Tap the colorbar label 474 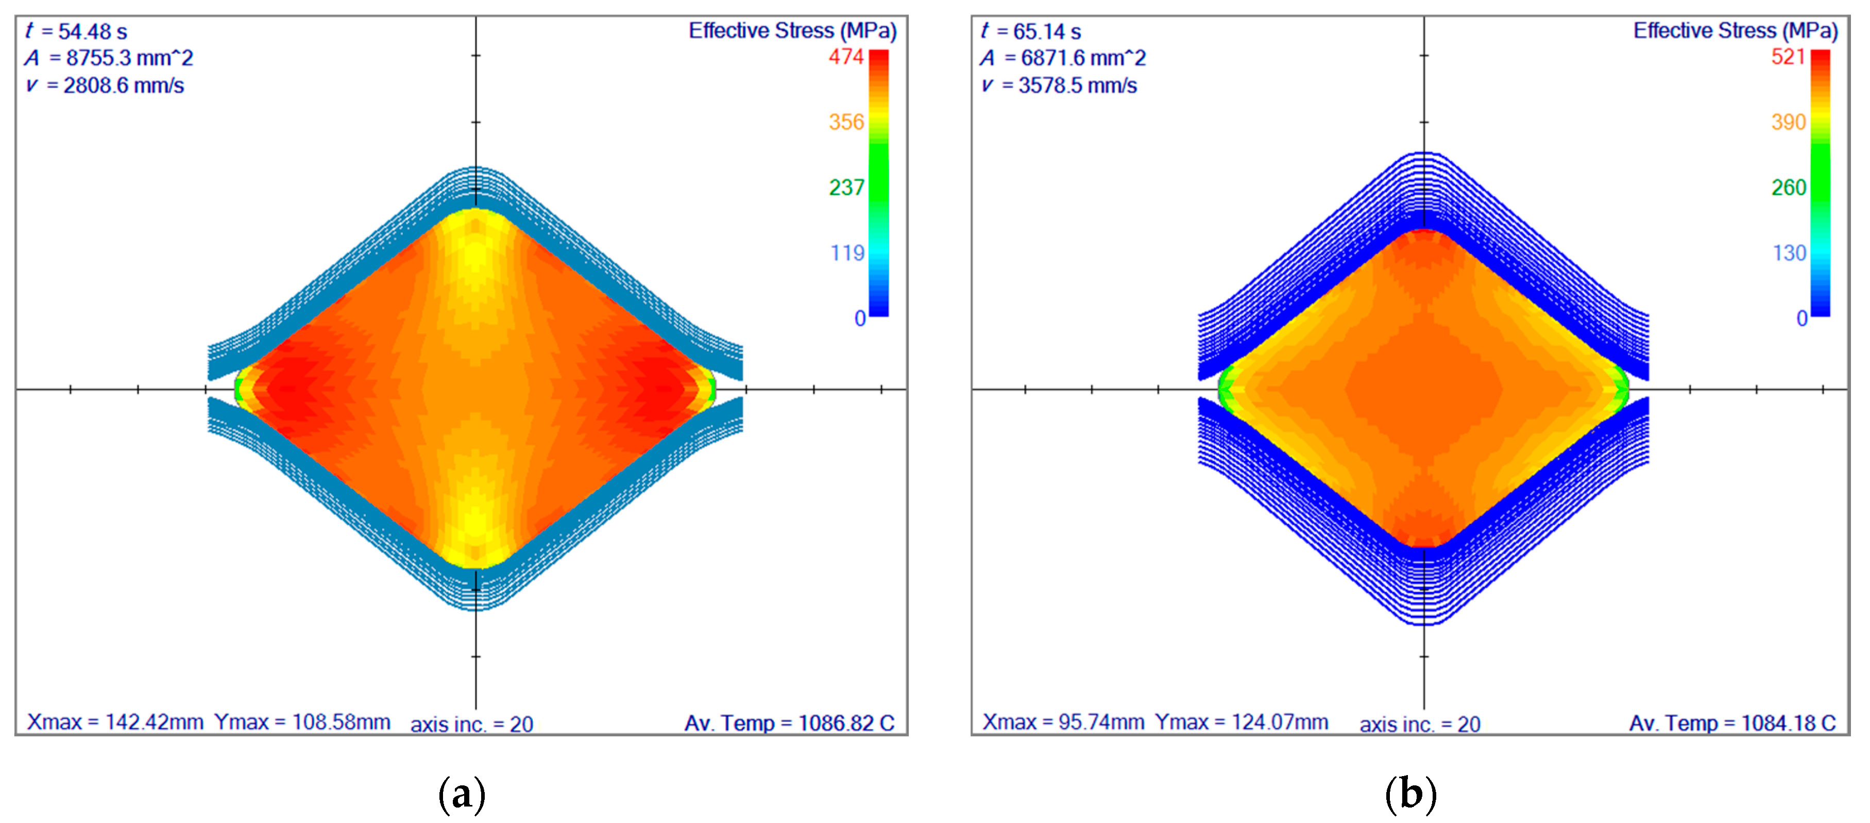(846, 57)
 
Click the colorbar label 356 (846, 122)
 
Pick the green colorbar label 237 (846, 188)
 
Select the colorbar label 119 (847, 253)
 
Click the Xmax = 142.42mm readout (115, 722)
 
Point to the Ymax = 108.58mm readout (302, 722)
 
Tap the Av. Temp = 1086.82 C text (789, 724)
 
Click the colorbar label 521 (1788, 57)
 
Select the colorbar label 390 (1788, 122)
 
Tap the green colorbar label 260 (1788, 188)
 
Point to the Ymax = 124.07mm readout (1242, 722)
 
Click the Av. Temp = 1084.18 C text (1733, 724)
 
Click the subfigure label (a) (462, 794)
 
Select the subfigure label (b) (1410, 794)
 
